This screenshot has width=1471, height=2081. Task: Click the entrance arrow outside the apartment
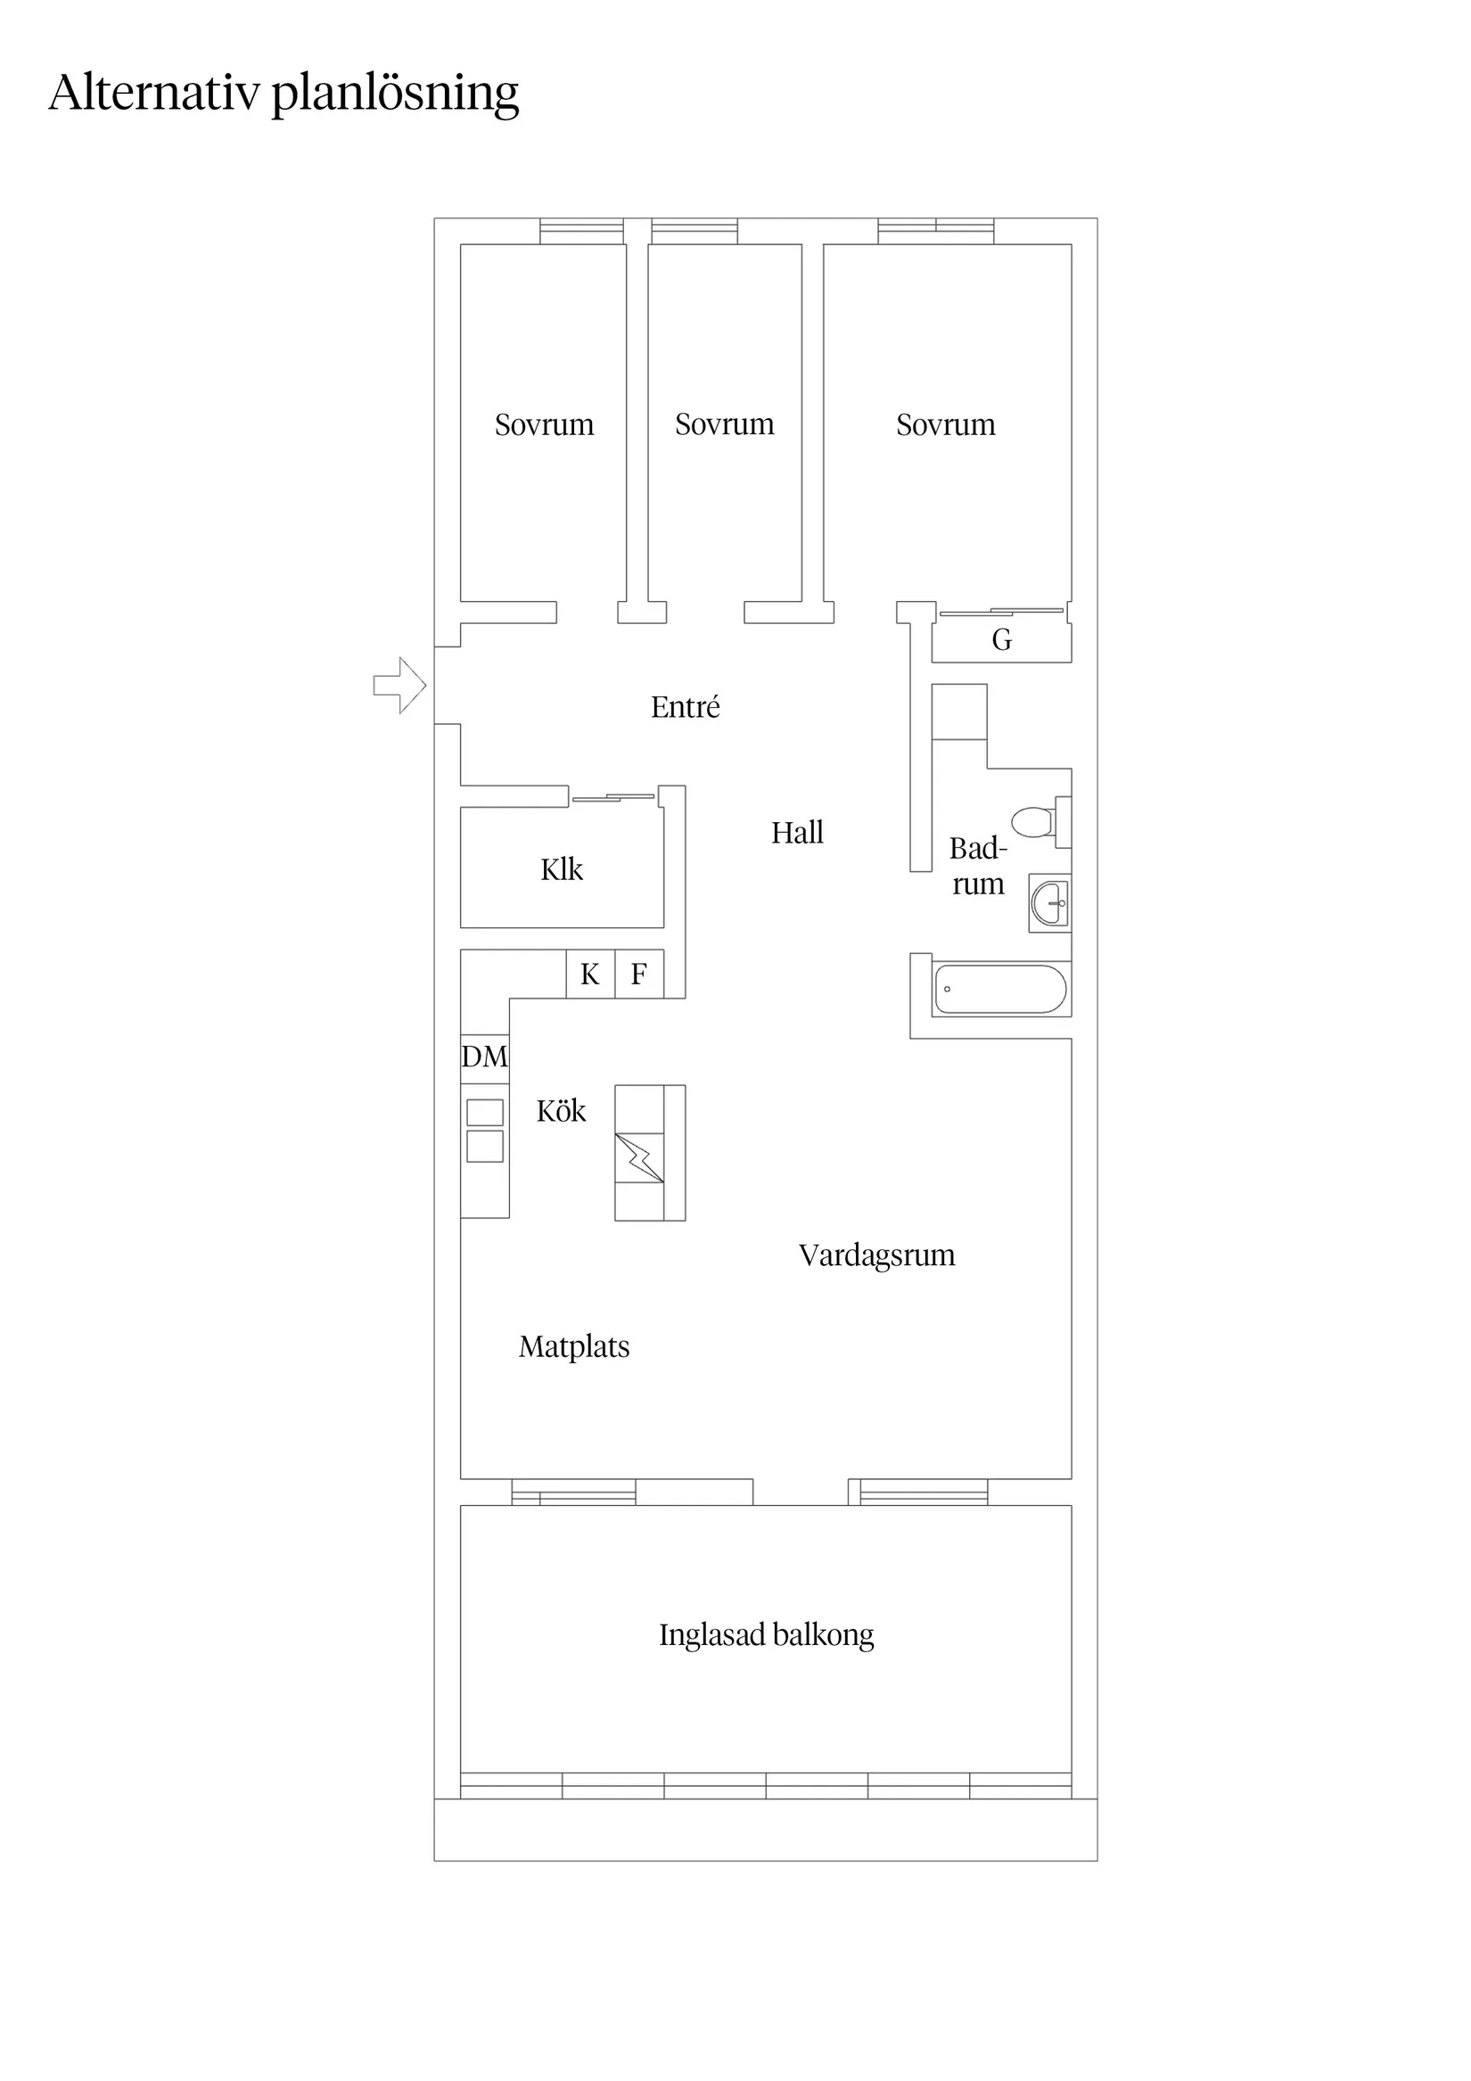(399, 686)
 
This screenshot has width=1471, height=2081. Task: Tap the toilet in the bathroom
(1033, 822)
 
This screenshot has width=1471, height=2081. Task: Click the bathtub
(999, 989)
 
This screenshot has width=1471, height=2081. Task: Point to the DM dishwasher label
(484, 1057)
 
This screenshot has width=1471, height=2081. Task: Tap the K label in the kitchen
(589, 975)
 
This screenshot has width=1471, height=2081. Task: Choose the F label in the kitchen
(638, 975)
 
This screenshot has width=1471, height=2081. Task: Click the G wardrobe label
(1001, 640)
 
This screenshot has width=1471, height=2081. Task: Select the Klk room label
(561, 869)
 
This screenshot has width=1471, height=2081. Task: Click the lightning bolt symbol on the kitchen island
(640, 1157)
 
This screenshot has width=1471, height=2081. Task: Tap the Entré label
(686, 707)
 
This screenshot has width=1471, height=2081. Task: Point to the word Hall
(797, 832)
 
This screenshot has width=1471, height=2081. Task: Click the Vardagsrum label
(876, 1255)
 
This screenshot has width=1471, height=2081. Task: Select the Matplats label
(574, 1347)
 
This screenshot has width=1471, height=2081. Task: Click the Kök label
(560, 1111)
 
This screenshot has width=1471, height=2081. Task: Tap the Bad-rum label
(978, 866)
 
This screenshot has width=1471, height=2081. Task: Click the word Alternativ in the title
(154, 93)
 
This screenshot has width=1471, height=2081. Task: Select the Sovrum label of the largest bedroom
(945, 424)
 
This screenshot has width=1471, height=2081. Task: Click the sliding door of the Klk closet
(613, 798)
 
